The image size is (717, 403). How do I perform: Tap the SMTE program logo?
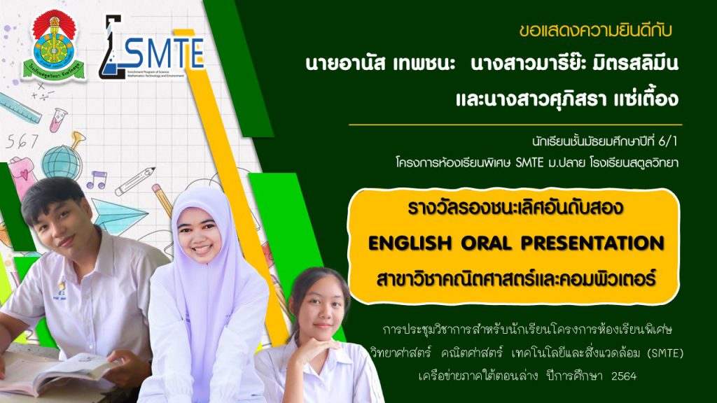click(151, 47)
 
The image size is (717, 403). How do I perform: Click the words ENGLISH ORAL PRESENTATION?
click(516, 243)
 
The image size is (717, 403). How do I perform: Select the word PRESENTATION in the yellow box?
click(592, 243)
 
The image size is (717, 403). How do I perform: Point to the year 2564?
click(624, 376)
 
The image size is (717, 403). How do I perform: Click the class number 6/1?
click(667, 141)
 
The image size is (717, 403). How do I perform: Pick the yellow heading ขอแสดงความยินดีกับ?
click(595, 31)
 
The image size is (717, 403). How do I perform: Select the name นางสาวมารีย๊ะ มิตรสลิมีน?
click(574, 63)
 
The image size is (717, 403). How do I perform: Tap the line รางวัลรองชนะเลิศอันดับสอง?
click(516, 208)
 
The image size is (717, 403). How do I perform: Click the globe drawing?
click(62, 161)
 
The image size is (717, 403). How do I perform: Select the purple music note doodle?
click(97, 180)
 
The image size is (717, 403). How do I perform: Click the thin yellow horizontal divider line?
click(515, 125)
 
